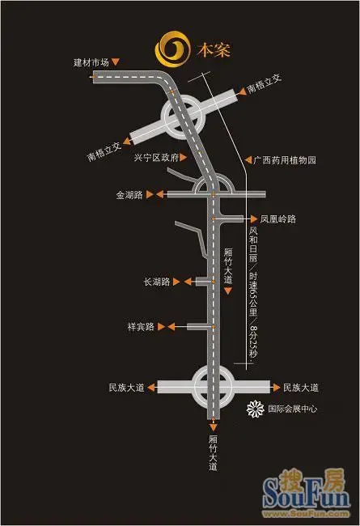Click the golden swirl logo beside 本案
(x=172, y=49)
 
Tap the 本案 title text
(x=214, y=50)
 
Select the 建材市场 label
(x=91, y=62)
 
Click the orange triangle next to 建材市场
(x=116, y=62)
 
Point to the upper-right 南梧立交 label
(x=264, y=84)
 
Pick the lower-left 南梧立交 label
(x=104, y=151)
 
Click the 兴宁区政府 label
(x=156, y=157)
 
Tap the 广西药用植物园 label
(x=285, y=160)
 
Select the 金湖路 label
(x=129, y=194)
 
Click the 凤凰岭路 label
(x=278, y=219)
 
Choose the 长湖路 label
(x=157, y=282)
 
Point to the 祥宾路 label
(x=141, y=326)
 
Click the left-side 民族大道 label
(x=126, y=388)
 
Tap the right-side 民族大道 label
(x=301, y=388)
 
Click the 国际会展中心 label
(x=293, y=409)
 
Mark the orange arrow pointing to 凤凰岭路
(x=254, y=219)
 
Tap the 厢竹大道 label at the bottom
(x=213, y=453)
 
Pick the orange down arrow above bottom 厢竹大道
(x=213, y=427)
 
